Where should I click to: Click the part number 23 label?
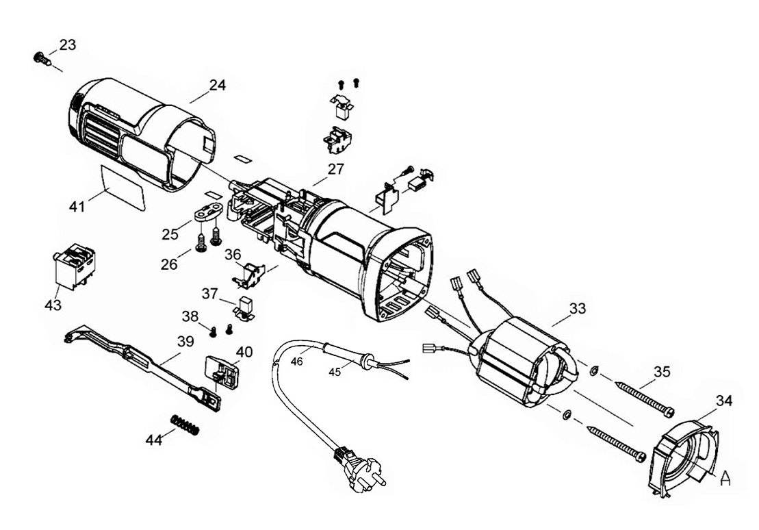click(68, 45)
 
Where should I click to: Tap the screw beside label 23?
click(42, 58)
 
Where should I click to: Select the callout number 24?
click(217, 86)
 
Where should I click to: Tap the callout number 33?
click(578, 309)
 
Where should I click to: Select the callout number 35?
click(662, 372)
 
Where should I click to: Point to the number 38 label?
click(191, 316)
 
